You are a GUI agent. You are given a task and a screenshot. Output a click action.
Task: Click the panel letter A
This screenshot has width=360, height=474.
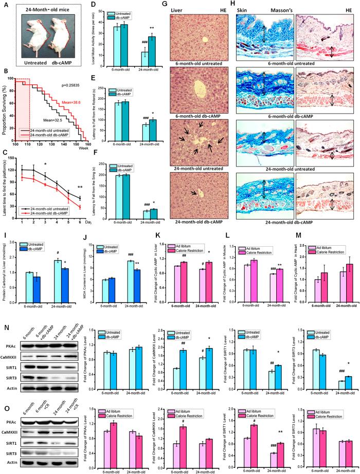4,6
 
